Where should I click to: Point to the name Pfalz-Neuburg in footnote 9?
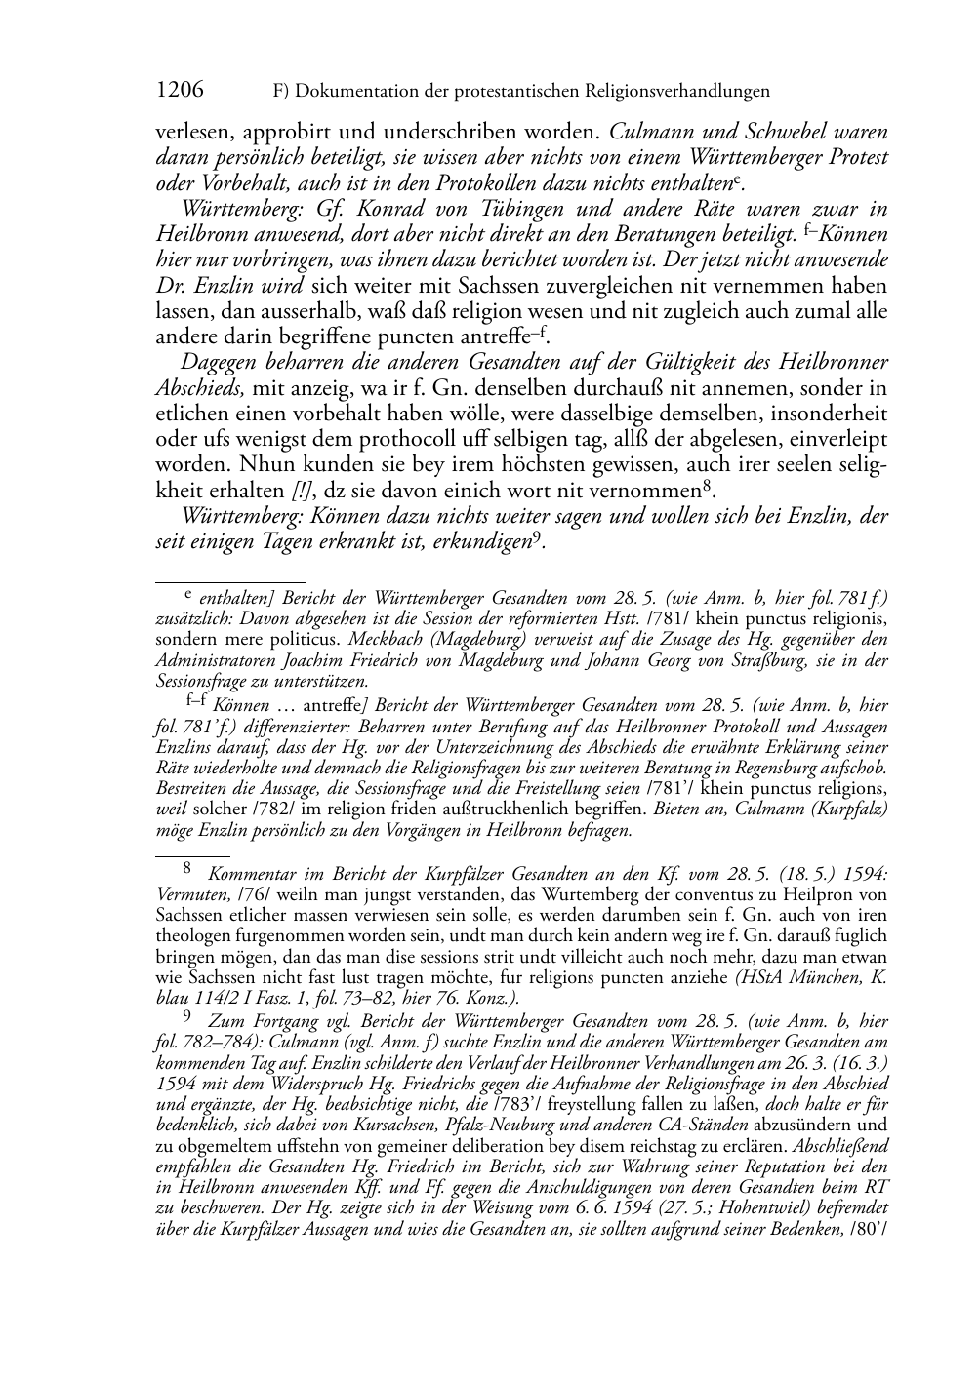click(x=470, y=1126)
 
